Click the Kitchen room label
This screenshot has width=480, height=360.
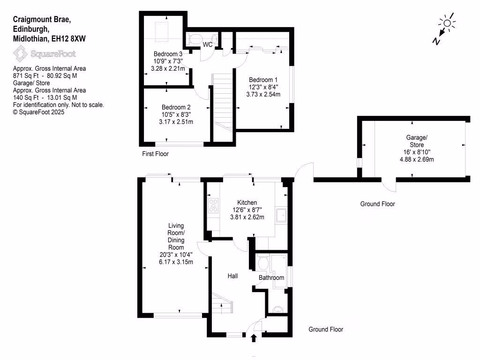[247, 202]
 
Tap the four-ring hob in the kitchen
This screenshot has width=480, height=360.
[213, 205]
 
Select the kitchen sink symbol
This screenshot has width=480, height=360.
[282, 215]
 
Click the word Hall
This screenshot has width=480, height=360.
[233, 276]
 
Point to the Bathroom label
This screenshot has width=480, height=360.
[272, 277]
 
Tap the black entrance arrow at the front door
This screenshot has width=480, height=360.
[254, 337]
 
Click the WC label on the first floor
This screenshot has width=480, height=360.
[208, 45]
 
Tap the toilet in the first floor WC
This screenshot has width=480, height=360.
[194, 38]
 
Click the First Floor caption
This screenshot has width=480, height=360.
[155, 154]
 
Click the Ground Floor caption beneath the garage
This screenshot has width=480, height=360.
[377, 204]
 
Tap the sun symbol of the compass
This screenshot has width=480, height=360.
[447, 23]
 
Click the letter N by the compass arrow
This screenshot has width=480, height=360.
[436, 41]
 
